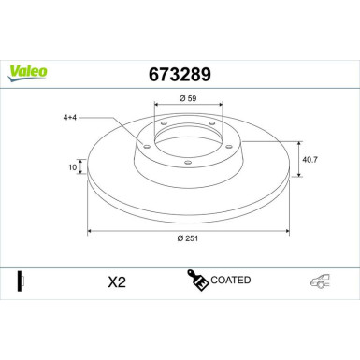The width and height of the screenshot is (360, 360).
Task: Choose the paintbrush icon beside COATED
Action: click(x=197, y=281)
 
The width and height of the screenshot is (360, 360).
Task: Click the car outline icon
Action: click(x=321, y=281)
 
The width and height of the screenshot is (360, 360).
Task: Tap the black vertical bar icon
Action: click(x=21, y=281)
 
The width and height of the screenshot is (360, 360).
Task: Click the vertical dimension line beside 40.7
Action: click(x=297, y=160)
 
